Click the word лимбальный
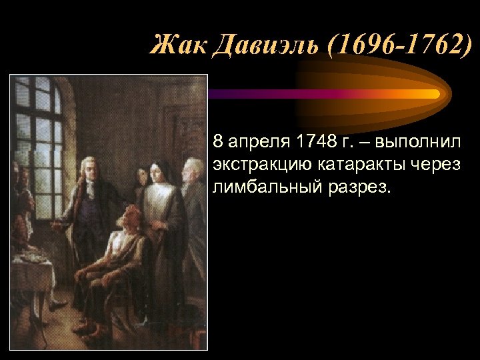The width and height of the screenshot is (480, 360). [260, 186]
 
